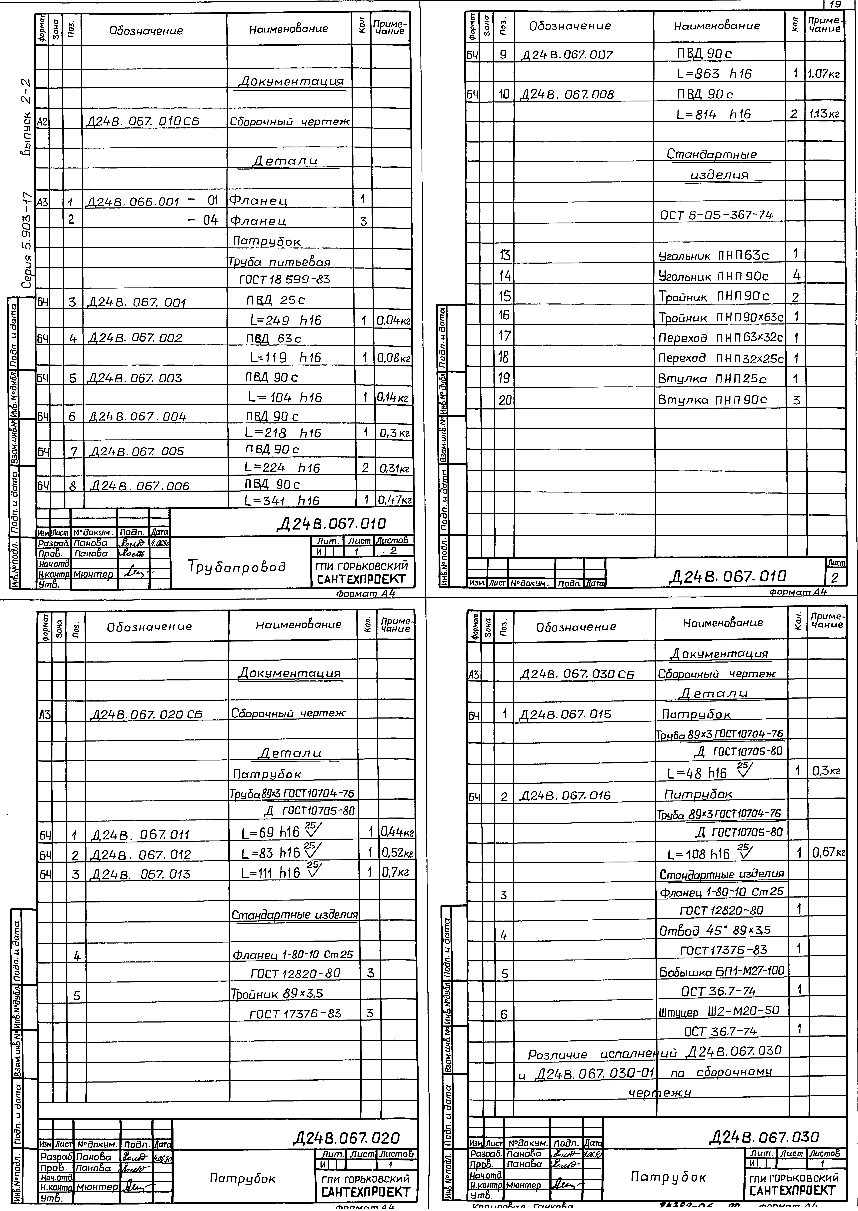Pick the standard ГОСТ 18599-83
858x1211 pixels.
285,280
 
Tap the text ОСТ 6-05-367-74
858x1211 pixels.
716,215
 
